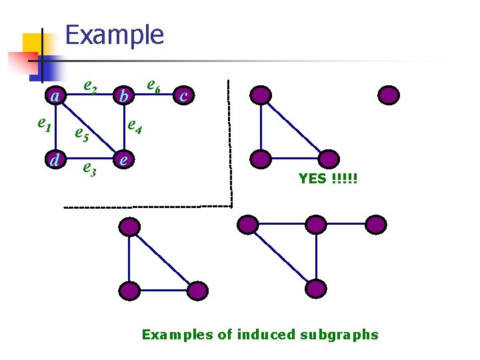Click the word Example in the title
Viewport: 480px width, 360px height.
click(x=115, y=35)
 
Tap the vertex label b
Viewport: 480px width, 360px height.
click(x=122, y=97)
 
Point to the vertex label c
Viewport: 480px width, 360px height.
click(x=184, y=97)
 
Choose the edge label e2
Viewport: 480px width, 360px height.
click(x=91, y=85)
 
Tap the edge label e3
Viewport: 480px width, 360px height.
click(x=89, y=169)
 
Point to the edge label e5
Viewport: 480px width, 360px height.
click(x=81, y=135)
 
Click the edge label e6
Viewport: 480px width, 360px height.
click(x=153, y=85)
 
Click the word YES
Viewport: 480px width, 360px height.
click(x=312, y=179)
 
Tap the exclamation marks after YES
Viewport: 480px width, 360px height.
click(x=344, y=179)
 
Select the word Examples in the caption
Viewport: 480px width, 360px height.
click(x=177, y=335)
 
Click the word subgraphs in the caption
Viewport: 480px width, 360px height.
click(x=340, y=335)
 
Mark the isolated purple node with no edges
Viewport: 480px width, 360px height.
click(x=389, y=95)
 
